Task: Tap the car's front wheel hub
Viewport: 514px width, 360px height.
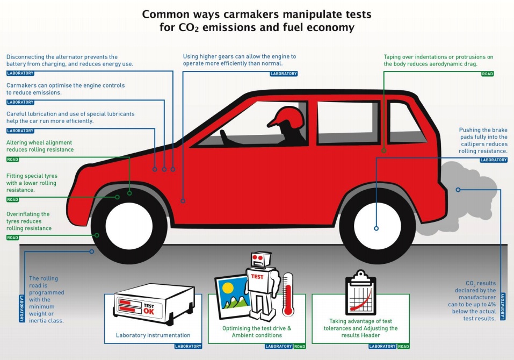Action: pos(129,226)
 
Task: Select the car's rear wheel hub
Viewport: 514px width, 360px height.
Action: pos(377,226)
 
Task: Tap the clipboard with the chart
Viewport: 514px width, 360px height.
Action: pos(360,293)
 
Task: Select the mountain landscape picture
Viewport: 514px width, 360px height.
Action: pos(233,296)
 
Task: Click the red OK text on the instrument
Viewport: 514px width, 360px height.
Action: pos(148,311)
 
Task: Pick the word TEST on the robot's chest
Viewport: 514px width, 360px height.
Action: pos(257,276)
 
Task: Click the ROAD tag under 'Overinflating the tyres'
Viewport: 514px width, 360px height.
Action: pos(12,237)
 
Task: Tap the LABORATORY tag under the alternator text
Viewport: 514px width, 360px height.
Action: pos(20,73)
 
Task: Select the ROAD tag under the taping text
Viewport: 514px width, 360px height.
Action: pos(488,74)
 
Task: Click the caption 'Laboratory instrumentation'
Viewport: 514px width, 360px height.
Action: pos(153,335)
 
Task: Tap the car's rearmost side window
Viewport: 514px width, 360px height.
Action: pos(406,123)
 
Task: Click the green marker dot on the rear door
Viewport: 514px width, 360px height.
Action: pos(384,151)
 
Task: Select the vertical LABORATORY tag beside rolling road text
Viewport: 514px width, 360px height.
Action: pos(22,308)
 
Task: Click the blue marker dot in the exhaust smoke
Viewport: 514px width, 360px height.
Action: pos(458,190)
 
